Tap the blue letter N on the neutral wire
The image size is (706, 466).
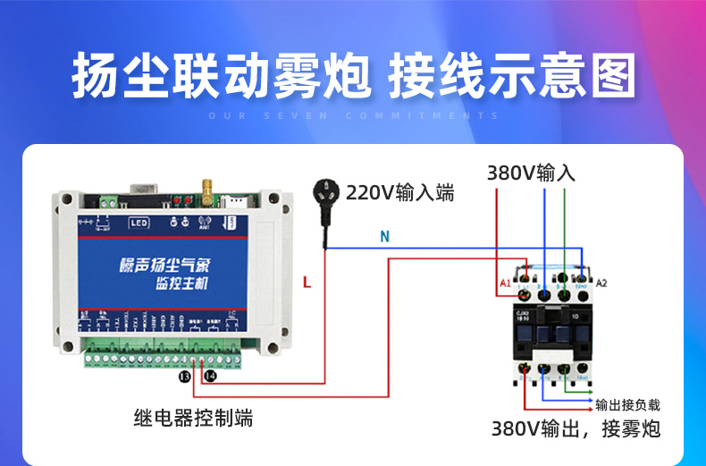pyautogui.click(x=384, y=237)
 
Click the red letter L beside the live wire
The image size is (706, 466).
pyautogui.click(x=307, y=283)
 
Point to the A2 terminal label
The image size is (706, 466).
pyautogui.click(x=601, y=283)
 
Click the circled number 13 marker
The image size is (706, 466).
pyautogui.click(x=185, y=377)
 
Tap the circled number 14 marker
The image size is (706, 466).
pyautogui.click(x=210, y=377)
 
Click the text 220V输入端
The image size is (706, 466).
pyautogui.click(x=399, y=192)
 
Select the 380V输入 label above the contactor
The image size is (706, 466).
pyautogui.click(x=531, y=172)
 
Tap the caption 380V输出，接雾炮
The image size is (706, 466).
pyautogui.click(x=576, y=429)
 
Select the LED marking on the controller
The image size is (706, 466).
pyautogui.click(x=139, y=222)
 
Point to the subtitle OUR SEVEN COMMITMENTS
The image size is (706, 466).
pyautogui.click(x=353, y=115)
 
